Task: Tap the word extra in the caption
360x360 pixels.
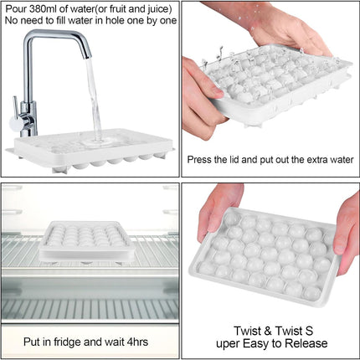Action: [x=317, y=160]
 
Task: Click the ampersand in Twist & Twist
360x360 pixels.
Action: [x=267, y=332]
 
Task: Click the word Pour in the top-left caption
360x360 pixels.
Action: [x=17, y=9]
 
